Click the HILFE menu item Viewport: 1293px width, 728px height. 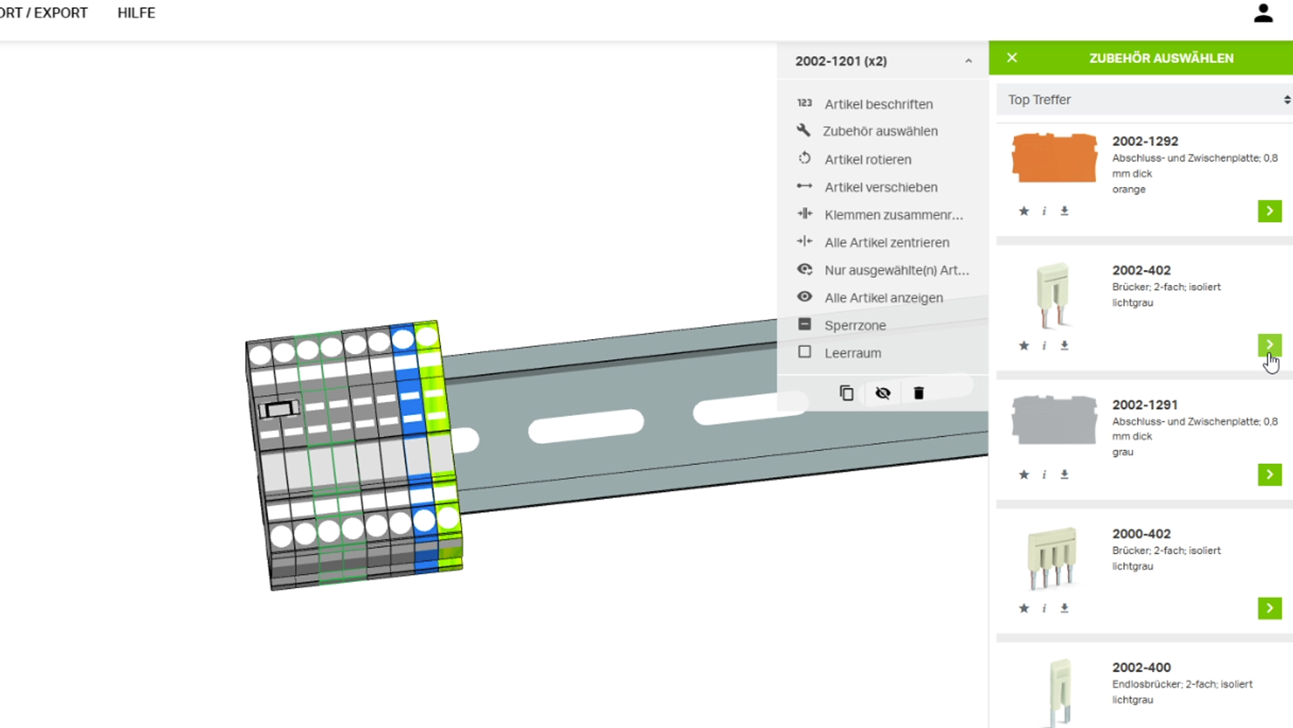136,13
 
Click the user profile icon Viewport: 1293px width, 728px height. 1263,14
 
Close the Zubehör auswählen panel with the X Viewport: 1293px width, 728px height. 1012,58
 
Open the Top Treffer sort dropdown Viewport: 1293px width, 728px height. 1144,100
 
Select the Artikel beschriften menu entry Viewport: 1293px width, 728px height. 878,104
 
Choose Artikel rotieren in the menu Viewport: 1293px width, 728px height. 868,159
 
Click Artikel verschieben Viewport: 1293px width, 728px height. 881,187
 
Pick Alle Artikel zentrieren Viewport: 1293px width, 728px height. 886,243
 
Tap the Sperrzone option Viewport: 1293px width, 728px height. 855,325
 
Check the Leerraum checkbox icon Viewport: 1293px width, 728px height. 804,352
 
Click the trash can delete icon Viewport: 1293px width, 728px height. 918,393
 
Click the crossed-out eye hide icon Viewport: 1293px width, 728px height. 882,393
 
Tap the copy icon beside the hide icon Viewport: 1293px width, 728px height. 846,393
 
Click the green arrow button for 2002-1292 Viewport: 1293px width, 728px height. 1269,211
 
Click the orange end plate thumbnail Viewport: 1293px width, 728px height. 1054,158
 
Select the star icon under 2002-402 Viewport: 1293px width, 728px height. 1023,346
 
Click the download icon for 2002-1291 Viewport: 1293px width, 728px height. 1064,474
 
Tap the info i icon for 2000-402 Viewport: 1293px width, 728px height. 1043,608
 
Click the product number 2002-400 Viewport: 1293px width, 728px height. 1141,667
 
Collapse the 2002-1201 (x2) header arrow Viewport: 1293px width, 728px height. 968,61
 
